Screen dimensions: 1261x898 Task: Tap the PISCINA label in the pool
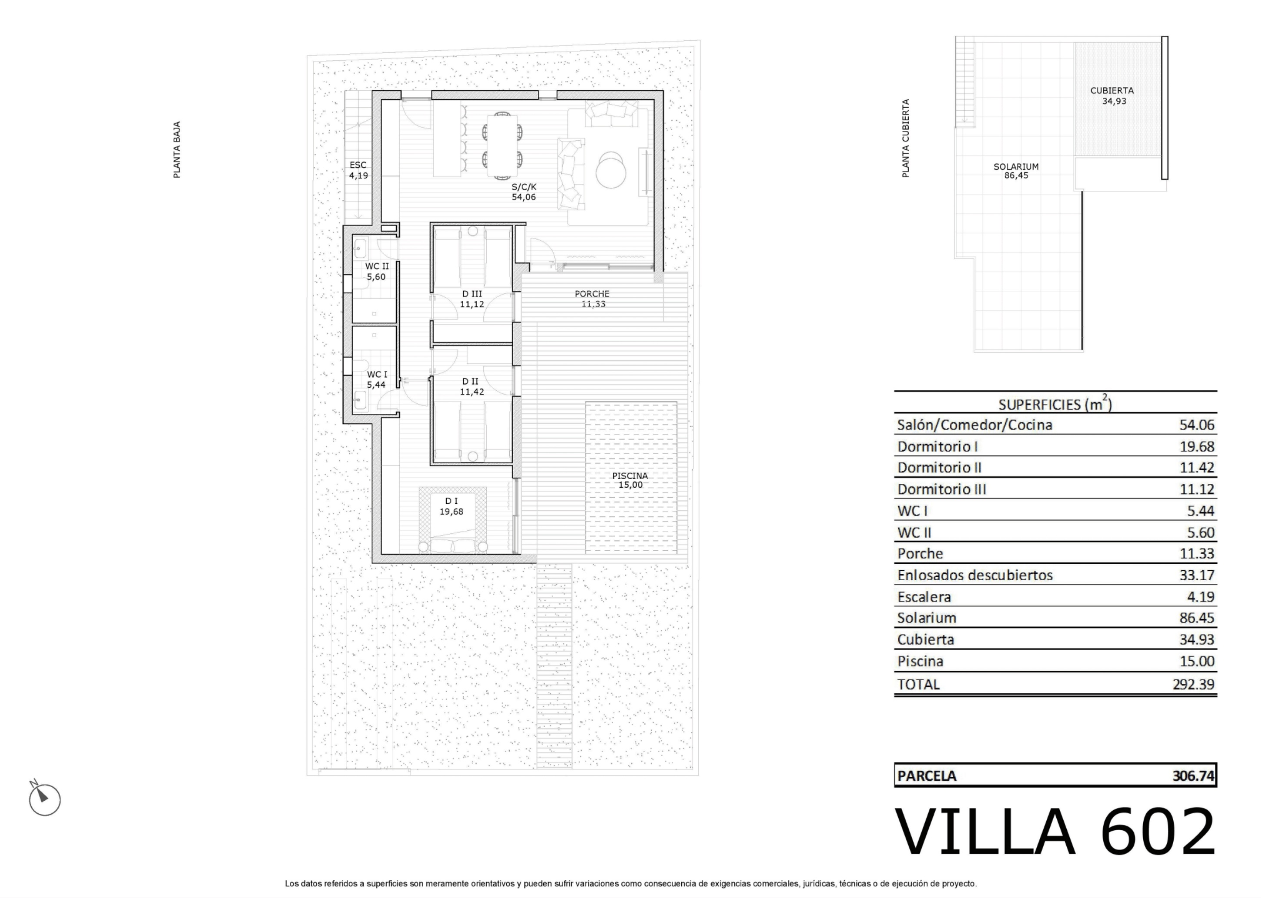pos(630,476)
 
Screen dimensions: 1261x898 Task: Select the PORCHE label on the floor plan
pos(592,294)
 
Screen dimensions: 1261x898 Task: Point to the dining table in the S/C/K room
pos(502,146)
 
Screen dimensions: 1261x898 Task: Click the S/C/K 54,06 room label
pos(524,192)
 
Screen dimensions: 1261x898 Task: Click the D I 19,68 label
pos(451,506)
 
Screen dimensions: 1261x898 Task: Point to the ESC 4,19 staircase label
pos(358,170)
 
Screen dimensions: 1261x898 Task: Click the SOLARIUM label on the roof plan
pos(1016,166)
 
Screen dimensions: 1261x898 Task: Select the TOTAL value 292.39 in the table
pos(1193,685)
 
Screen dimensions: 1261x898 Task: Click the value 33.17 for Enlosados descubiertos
pos(1196,575)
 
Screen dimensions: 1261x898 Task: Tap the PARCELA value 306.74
pos(1193,776)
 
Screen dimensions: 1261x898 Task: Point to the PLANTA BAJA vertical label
pos(177,150)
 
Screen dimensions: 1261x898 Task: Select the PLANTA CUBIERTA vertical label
pos(906,138)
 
